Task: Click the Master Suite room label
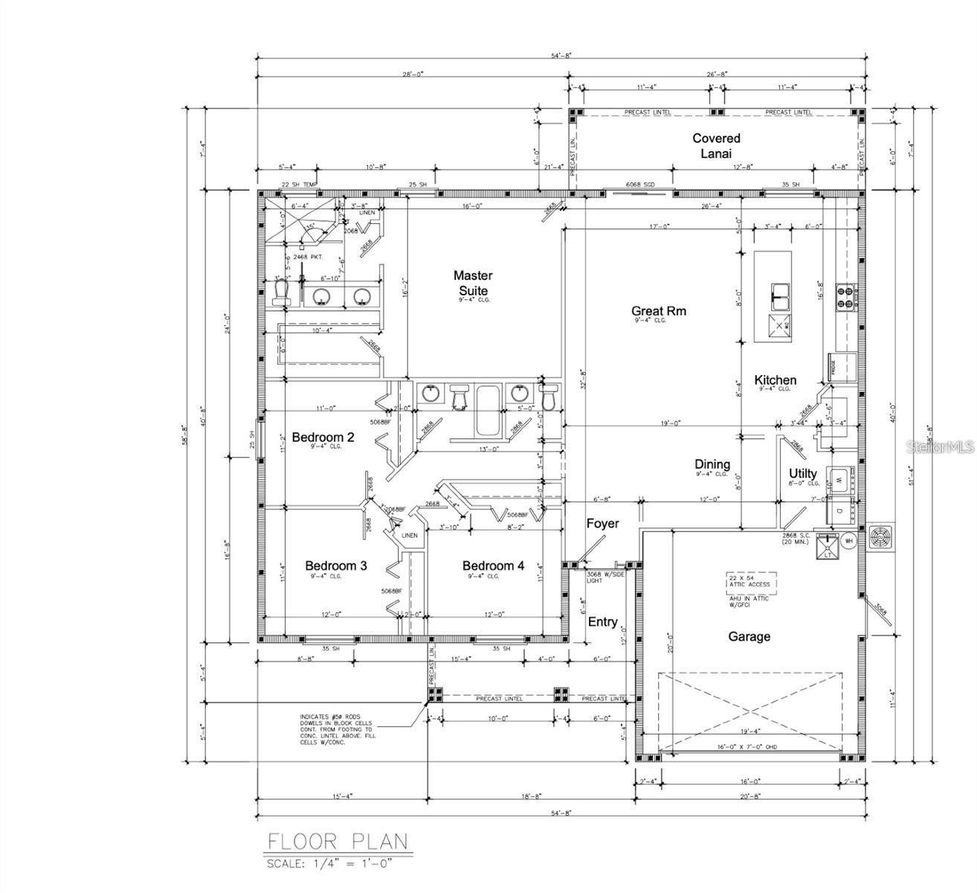pyautogui.click(x=473, y=283)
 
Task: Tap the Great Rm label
pyautogui.click(x=658, y=311)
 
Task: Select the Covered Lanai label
pyautogui.click(x=716, y=145)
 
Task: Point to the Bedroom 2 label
pyautogui.click(x=323, y=437)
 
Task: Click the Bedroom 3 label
pyautogui.click(x=335, y=566)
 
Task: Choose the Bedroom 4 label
pyautogui.click(x=493, y=566)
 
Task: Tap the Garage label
pyautogui.click(x=749, y=636)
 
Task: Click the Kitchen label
pyautogui.click(x=775, y=380)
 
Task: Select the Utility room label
pyautogui.click(x=803, y=473)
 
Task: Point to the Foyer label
pyautogui.click(x=602, y=524)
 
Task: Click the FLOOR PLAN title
pyautogui.click(x=338, y=842)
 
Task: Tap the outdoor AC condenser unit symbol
pyautogui.click(x=882, y=538)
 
